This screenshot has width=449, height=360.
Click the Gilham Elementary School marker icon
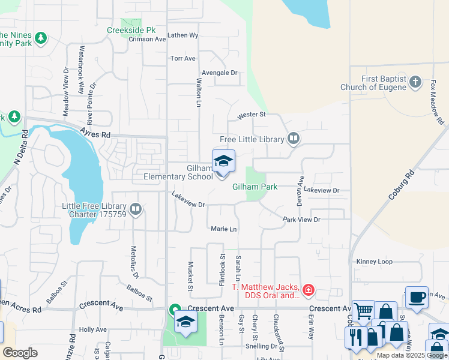223,162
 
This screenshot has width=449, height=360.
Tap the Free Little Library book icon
294,139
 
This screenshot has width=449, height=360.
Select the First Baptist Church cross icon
415,83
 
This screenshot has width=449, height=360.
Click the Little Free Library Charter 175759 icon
136,209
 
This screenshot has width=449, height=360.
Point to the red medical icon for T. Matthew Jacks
308,291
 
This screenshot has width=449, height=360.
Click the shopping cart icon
363,311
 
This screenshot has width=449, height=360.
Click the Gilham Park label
255,187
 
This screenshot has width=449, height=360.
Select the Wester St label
251,115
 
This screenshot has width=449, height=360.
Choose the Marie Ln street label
224,229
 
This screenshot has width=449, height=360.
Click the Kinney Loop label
374,262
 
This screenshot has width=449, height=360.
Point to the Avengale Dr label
220,73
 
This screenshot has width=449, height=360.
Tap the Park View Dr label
301,220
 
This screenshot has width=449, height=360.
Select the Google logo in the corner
20,353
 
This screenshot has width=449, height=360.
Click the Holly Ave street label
92,329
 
